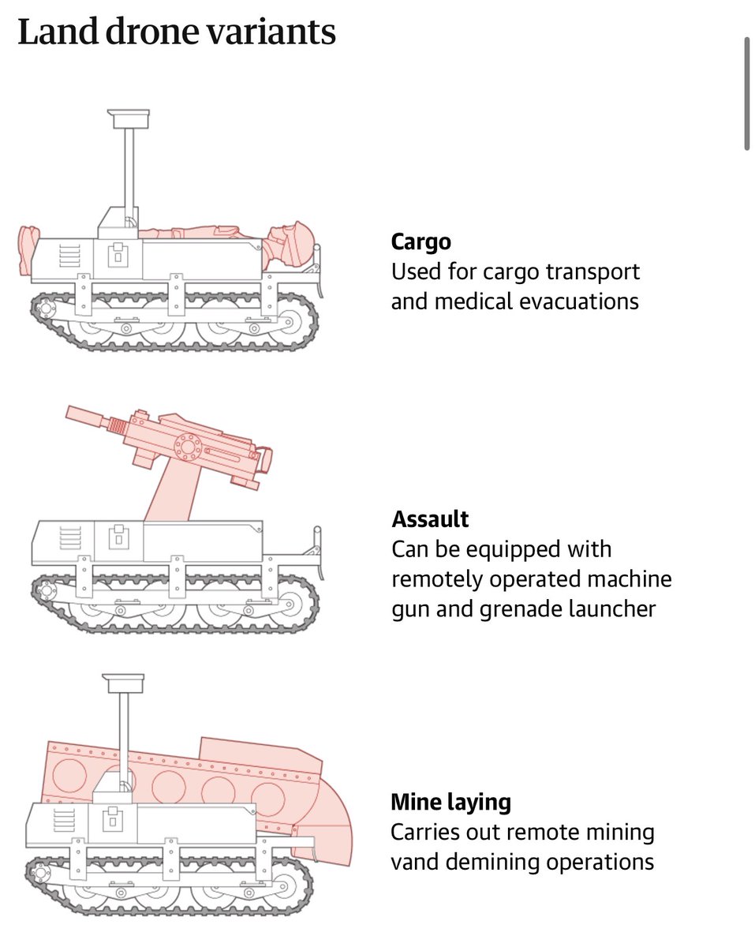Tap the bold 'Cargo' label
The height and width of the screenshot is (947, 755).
pos(421,241)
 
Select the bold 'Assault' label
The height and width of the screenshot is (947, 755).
pos(430,519)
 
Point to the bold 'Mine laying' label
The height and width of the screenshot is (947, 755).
pos(450,803)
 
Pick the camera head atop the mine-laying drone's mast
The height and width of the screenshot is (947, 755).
pos(124,682)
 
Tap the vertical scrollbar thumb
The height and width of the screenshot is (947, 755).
pos(746,92)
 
